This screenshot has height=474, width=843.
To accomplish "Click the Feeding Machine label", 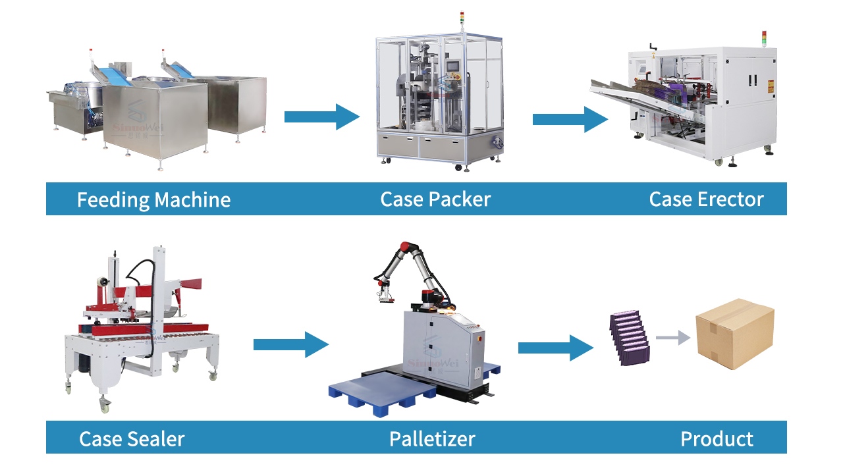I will click(153, 199).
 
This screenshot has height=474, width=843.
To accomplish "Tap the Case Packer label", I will click(435, 199).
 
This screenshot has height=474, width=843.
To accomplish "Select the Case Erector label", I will click(706, 199).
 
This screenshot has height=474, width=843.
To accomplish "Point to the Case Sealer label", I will click(132, 438).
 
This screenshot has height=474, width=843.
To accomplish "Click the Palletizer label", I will click(432, 438).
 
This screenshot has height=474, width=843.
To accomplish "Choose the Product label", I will click(717, 438).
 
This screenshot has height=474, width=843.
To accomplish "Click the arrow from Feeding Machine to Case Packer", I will click(321, 117).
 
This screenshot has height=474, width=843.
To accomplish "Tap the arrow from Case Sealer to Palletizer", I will click(290, 344).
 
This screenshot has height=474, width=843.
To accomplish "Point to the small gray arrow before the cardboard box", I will click(672, 338).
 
